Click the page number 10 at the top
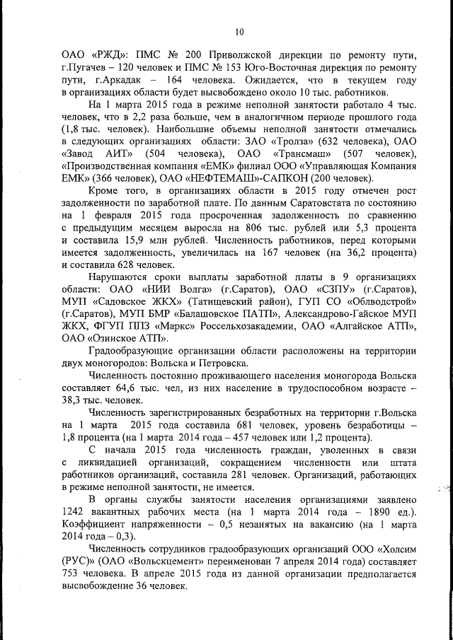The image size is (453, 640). [x=239, y=31]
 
